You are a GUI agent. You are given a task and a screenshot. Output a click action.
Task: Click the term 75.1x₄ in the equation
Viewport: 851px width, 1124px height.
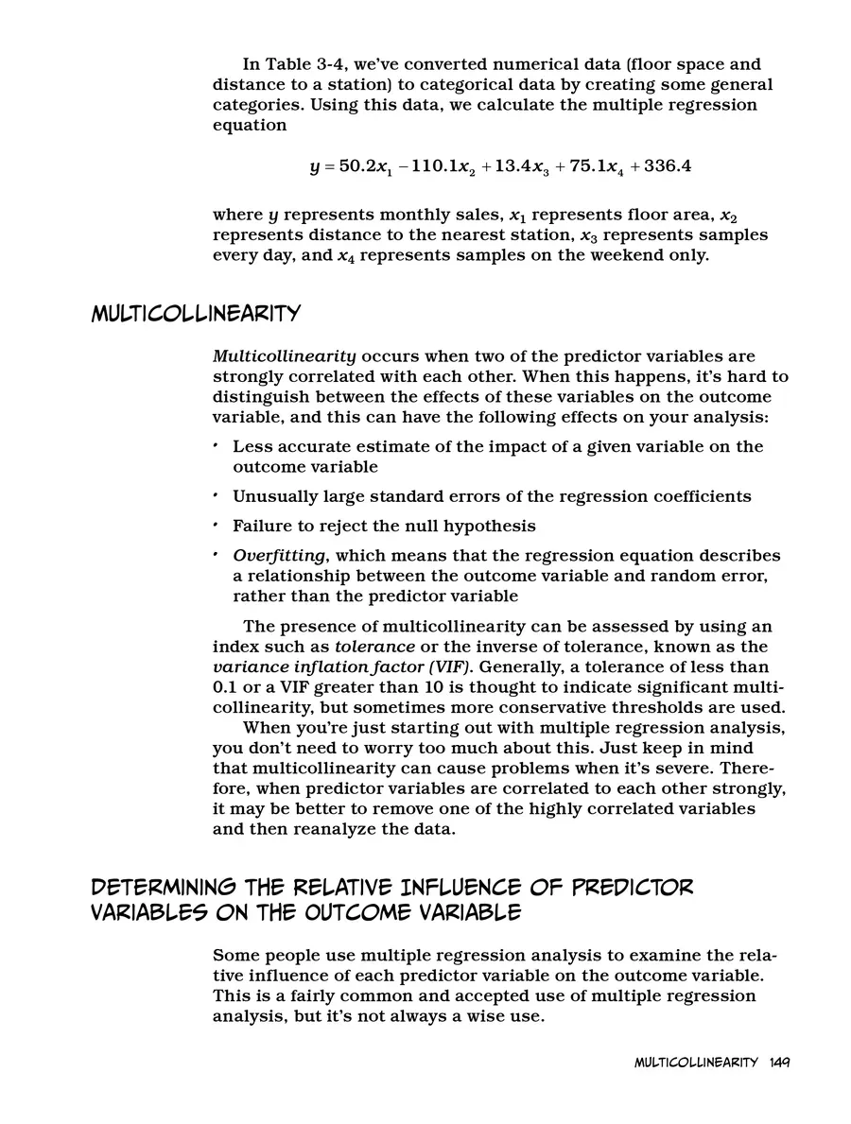587,167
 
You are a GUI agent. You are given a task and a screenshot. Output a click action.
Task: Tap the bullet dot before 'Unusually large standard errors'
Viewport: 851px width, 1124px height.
217,495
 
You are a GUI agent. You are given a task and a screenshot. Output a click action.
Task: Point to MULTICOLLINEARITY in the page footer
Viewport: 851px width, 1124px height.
695,1062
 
